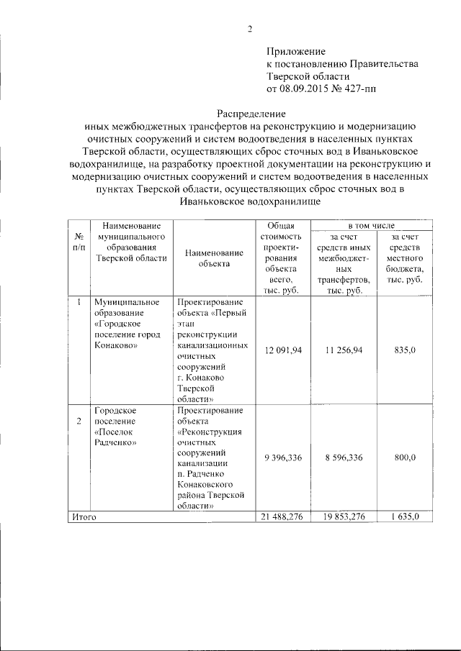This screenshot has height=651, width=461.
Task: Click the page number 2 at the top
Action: point(249,29)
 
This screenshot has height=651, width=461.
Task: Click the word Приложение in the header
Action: point(297,51)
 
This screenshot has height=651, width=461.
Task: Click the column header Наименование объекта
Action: point(214,258)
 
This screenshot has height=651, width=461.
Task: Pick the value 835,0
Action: point(406,350)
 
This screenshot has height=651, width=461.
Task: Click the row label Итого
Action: point(83,516)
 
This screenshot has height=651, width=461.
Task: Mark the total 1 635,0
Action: point(406,516)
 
